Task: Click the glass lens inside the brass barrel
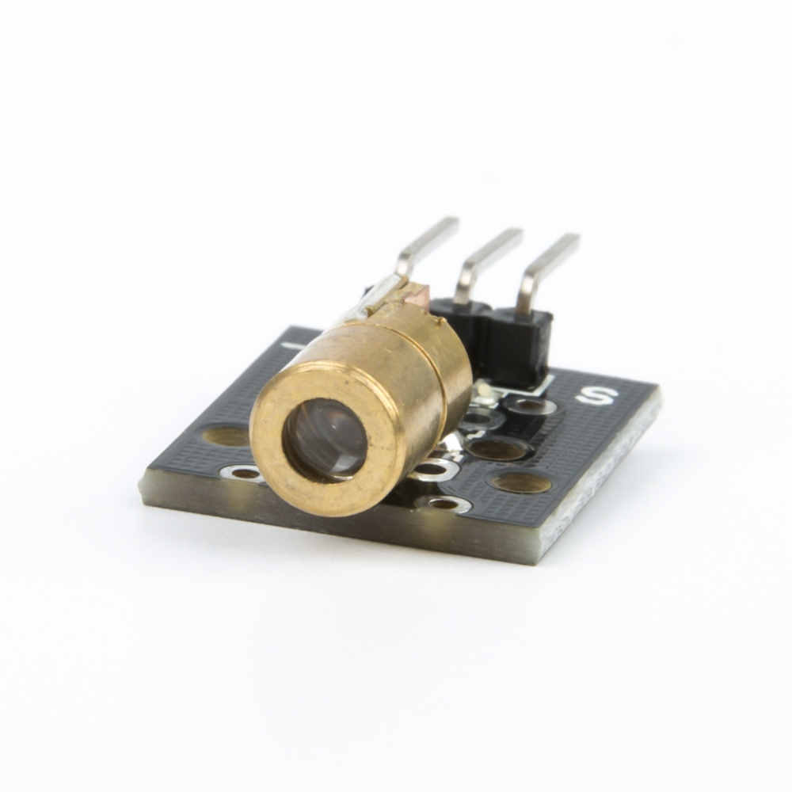[326, 439]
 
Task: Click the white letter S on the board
[598, 395]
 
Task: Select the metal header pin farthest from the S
[426, 247]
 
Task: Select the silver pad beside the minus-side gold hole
[245, 474]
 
